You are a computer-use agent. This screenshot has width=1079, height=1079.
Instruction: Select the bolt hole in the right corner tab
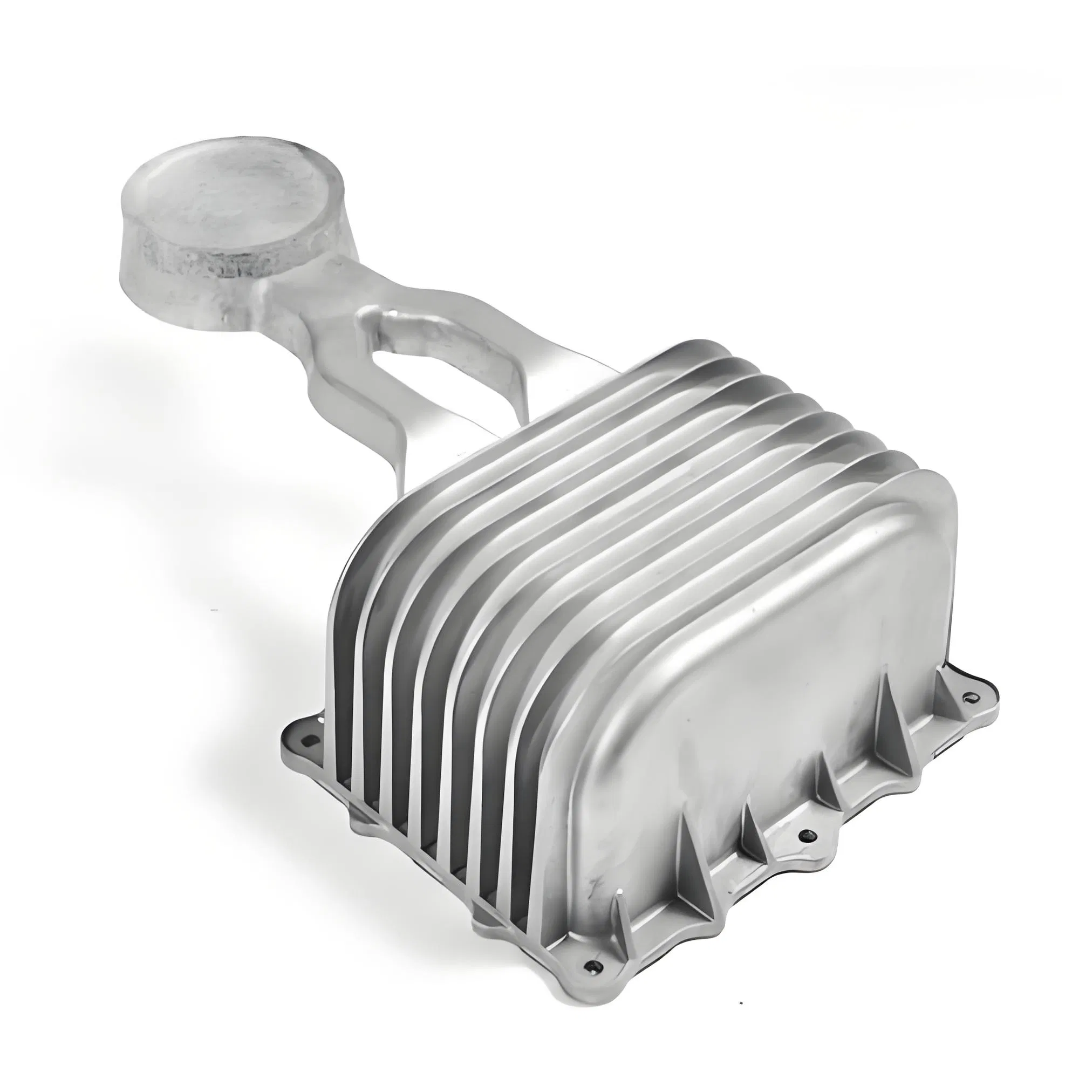[969, 696]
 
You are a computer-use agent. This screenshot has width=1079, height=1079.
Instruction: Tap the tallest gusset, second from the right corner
[832, 782]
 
